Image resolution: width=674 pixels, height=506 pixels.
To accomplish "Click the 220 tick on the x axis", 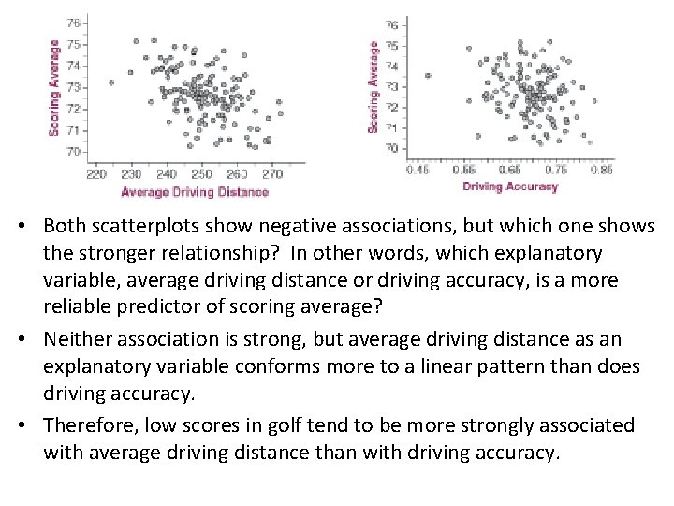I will point(96,174).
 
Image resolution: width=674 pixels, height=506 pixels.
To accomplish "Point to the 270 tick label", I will point(272,174).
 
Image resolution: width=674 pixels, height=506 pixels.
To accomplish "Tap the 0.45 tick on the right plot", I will point(418,171).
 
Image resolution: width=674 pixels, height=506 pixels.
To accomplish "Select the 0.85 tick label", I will point(602,171).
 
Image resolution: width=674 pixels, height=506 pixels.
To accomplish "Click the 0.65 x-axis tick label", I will point(510,171).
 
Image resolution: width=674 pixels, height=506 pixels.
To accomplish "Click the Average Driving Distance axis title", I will point(195,192).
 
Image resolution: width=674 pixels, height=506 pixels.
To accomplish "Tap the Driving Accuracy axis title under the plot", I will point(510,186).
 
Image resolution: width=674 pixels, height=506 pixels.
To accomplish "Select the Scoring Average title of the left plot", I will point(53,87).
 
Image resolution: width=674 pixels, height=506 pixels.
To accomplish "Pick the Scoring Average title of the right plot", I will point(374,86).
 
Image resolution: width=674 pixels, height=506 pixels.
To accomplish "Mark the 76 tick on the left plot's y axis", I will point(73,22).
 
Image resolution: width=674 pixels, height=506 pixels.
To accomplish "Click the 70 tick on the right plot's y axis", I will point(391,148).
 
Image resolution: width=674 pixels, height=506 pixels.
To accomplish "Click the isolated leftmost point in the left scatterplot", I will point(111,82).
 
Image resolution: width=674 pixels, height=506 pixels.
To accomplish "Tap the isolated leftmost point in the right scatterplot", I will point(428,76).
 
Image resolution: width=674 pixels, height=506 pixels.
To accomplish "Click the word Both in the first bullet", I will point(63,227).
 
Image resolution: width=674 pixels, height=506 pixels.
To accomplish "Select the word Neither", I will point(78,338).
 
